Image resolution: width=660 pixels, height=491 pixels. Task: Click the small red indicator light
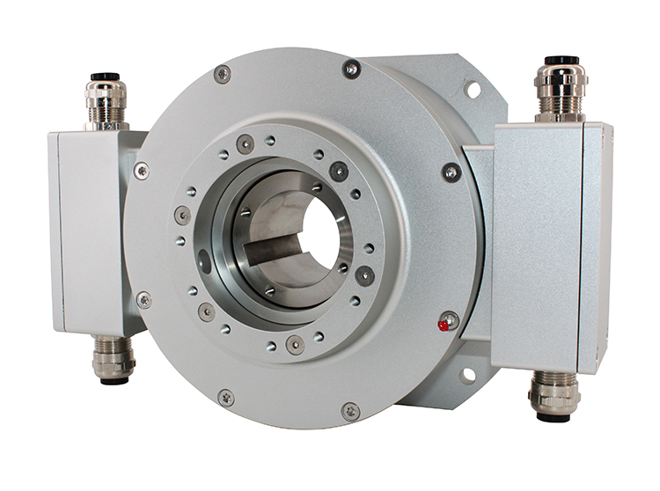click(x=443, y=326)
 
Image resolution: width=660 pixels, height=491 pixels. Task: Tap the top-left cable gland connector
click(x=106, y=101)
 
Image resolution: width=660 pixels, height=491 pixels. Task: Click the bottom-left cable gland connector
click(x=114, y=360)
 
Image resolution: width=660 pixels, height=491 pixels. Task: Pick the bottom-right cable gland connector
click(x=554, y=393)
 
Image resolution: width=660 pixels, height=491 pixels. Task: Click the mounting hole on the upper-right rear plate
click(x=473, y=89)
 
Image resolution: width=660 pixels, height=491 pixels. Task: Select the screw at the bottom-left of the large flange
click(x=226, y=398)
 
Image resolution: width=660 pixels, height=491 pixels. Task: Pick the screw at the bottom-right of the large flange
click(x=350, y=411)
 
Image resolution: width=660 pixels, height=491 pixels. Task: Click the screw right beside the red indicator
click(x=450, y=319)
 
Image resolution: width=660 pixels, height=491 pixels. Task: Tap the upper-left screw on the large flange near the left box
click(x=141, y=170)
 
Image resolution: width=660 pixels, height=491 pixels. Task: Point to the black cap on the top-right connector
click(x=561, y=61)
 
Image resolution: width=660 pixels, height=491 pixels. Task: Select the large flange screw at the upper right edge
click(x=451, y=172)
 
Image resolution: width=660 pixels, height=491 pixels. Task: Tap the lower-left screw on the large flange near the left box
click(x=143, y=300)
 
